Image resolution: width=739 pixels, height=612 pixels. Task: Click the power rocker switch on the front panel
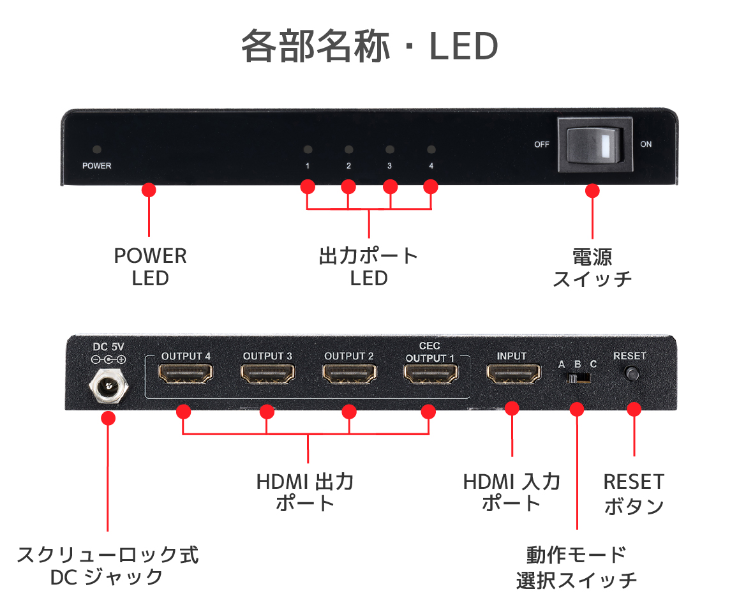coord(595,144)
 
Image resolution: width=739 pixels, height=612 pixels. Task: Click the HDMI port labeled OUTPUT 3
coord(267,375)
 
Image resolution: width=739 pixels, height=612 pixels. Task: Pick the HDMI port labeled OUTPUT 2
coord(348,375)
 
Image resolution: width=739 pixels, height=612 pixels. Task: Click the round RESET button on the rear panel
coord(632,374)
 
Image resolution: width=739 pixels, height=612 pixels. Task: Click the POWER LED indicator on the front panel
coord(96,150)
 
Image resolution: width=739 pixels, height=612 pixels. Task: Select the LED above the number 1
coord(308,151)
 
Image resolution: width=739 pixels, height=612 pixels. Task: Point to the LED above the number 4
coord(431,151)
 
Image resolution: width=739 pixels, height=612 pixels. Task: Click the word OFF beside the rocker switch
coord(542,145)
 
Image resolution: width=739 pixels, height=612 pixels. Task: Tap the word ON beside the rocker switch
coord(646,145)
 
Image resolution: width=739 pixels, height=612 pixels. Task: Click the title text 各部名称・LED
coord(369,47)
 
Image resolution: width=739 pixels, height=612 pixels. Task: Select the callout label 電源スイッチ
coord(592,267)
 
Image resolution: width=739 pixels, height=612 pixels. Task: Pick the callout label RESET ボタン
coord(634,493)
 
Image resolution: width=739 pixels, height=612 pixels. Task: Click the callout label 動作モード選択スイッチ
coord(576,567)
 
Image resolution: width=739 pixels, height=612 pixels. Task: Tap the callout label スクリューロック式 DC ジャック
coord(108,565)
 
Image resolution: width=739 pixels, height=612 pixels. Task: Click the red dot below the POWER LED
coord(149,190)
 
